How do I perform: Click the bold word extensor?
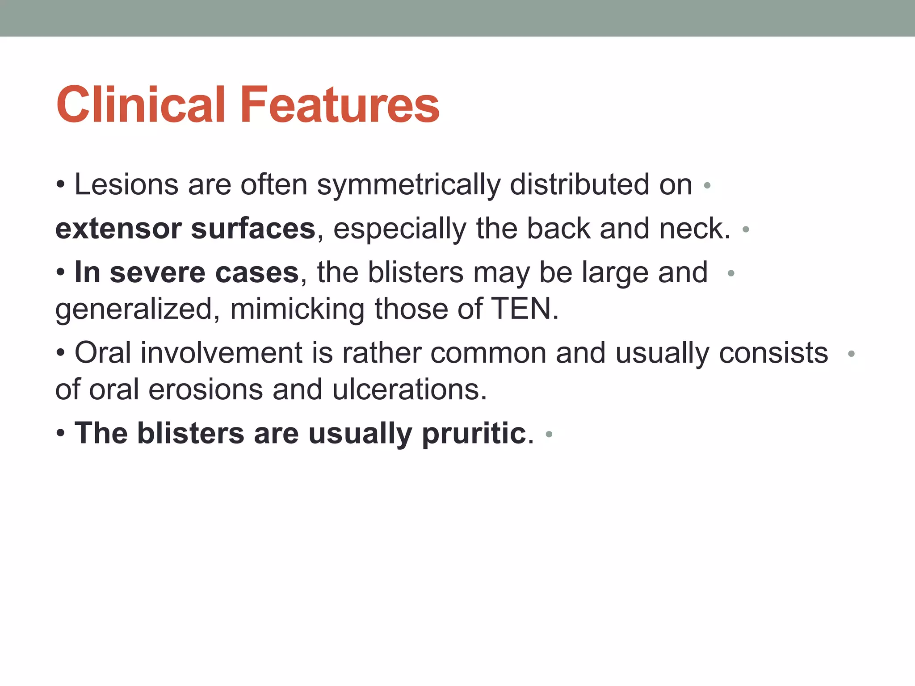(118, 229)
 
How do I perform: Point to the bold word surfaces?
(253, 229)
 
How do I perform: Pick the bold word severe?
(159, 272)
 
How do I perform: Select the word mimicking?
(297, 309)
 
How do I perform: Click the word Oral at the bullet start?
(103, 353)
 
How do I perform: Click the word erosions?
(206, 389)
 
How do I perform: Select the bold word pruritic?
(474, 433)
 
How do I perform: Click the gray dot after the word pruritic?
(549, 434)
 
